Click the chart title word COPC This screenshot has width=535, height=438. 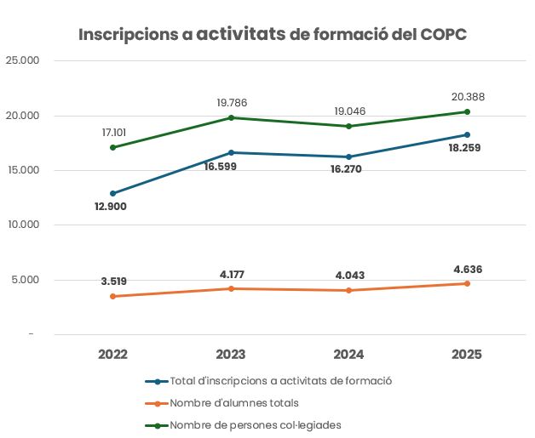pos(443,35)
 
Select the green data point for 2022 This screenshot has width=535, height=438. pos(112,147)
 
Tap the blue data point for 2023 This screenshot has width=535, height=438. pos(231,152)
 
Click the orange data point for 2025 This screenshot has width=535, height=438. pos(467,283)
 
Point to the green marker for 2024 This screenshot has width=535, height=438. pos(349,126)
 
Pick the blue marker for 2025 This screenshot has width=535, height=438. pos(467,134)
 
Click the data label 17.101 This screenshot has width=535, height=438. pos(112,133)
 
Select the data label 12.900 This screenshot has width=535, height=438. pos(112,207)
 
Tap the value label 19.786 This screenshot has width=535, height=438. pos(231,103)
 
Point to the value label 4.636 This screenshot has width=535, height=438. pos(467,270)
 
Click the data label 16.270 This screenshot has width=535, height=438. pos(348,170)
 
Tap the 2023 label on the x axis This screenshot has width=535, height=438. pos(231,355)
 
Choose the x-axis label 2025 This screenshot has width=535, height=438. pos(467,355)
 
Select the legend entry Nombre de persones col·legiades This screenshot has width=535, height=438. pos(256,424)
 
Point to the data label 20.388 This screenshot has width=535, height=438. pos(467,97)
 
